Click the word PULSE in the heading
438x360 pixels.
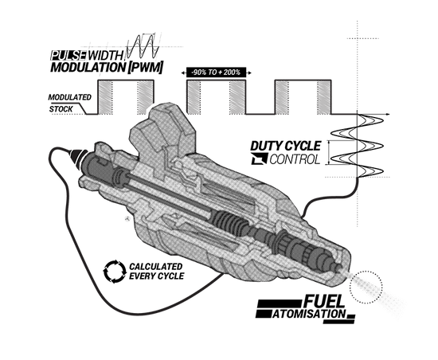(x=68, y=55)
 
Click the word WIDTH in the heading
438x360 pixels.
(x=105, y=55)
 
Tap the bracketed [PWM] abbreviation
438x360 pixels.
(x=145, y=68)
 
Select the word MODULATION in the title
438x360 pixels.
(x=88, y=68)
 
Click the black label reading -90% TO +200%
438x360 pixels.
(x=216, y=72)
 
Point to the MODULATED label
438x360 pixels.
(x=69, y=97)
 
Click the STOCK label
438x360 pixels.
(x=61, y=109)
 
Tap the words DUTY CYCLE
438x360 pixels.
(x=285, y=146)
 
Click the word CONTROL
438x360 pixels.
(x=295, y=159)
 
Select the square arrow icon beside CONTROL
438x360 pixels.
(x=259, y=159)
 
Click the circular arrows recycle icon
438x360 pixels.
(x=115, y=272)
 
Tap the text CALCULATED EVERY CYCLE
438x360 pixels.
(x=156, y=271)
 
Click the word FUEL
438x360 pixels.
(x=323, y=301)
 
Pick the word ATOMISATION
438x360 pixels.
(x=309, y=314)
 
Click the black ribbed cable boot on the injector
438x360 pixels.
(x=78, y=158)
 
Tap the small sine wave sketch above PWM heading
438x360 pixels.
(x=143, y=45)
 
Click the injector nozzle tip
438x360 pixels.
(x=339, y=268)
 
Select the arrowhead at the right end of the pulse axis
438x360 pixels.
(x=388, y=114)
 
